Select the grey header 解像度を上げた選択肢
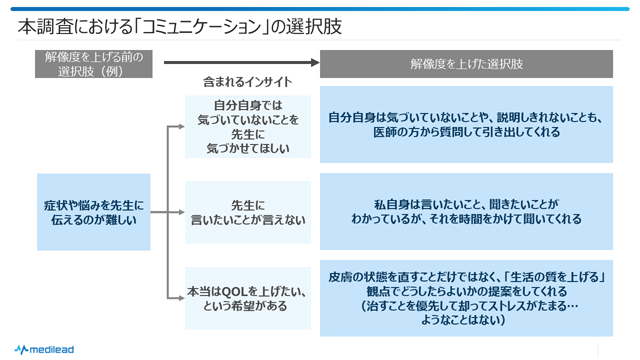point(466,63)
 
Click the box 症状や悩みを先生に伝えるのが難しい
point(96,212)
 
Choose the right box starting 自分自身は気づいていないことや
point(466,125)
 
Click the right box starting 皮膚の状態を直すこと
point(466,299)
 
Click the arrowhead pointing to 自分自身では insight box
point(179,127)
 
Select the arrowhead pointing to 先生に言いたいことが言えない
point(179,212)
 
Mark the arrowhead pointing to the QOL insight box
point(179,299)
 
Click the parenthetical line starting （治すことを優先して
point(466,306)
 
